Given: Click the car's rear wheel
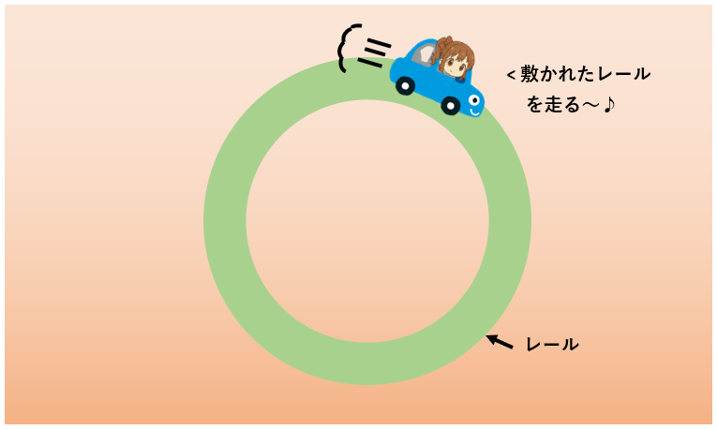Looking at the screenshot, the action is coord(405,85).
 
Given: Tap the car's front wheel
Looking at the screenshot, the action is coord(451,106).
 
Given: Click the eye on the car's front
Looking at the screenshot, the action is coord(474,99).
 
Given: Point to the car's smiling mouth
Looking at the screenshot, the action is coord(474,111).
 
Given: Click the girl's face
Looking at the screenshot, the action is coord(455,64).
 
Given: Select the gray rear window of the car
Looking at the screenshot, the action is coord(423,55).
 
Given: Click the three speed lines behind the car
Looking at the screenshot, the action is coord(374,53).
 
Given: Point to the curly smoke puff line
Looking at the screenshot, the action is coord(347,48).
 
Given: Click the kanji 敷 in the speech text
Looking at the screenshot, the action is coord(530,74).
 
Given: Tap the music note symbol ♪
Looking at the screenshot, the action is coord(608,104).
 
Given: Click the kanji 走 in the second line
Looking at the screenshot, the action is coord(555,105).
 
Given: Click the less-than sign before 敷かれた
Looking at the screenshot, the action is coord(511,75).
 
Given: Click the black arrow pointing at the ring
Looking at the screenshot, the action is coord(500,342).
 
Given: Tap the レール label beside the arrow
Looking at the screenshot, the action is coord(552,344).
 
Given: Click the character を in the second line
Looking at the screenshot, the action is coord(535,105).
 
